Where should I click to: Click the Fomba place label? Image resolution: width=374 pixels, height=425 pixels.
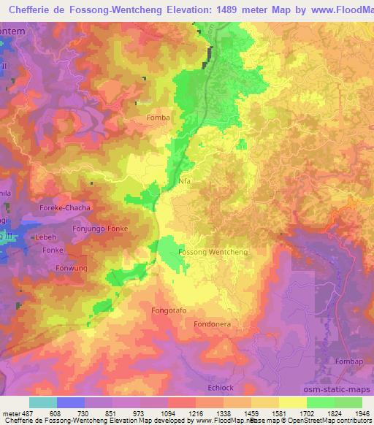point(158,118)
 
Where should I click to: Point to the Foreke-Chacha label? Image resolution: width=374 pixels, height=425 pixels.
point(64,208)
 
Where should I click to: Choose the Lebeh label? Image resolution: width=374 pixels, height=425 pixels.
point(45,239)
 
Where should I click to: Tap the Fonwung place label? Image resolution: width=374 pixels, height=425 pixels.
point(71,268)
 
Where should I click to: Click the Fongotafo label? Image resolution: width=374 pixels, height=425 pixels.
point(169,310)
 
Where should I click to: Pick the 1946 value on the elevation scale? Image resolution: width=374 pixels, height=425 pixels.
point(362,413)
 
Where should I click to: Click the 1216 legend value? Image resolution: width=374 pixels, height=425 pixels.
point(195,413)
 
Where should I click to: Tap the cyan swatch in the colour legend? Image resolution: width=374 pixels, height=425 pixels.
point(42,402)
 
